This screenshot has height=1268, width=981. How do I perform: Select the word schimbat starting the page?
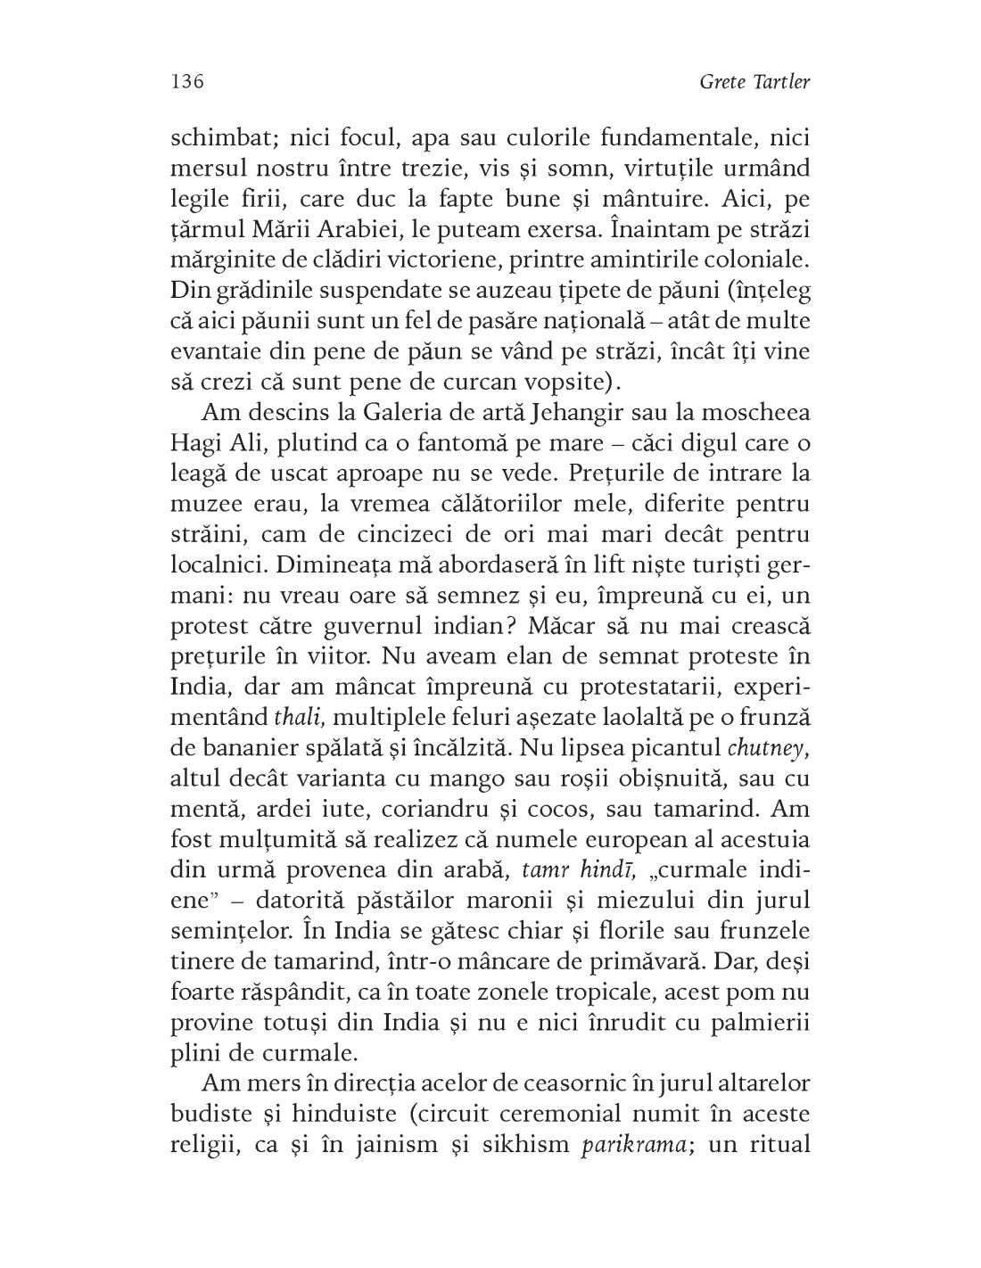pos(211,139)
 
